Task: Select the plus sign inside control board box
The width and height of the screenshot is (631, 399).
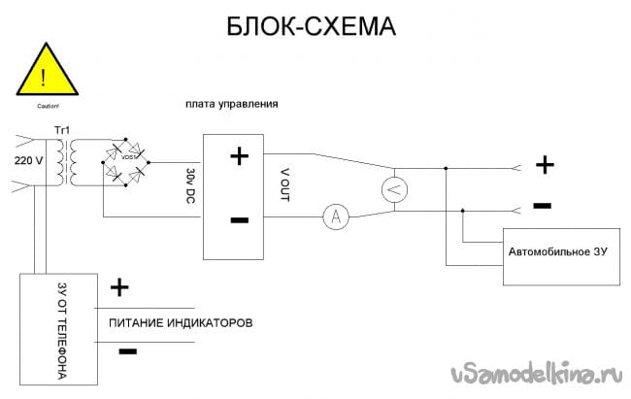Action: (x=238, y=157)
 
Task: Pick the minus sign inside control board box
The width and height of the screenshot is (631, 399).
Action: (x=239, y=219)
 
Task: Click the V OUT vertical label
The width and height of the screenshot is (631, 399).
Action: (x=283, y=184)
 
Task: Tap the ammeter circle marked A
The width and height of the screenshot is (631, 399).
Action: (x=336, y=218)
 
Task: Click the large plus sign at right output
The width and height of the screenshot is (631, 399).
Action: (x=545, y=165)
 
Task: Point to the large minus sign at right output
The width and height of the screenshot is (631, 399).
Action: (x=543, y=206)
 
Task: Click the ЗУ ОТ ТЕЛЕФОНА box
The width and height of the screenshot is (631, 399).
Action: (x=60, y=330)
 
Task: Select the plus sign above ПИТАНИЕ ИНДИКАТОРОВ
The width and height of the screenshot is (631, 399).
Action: (x=119, y=287)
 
